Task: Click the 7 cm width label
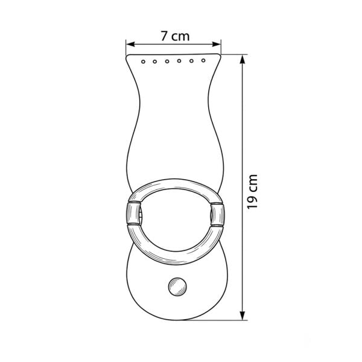(175, 36)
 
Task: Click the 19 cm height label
(252, 192)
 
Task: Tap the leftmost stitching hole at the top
(143, 62)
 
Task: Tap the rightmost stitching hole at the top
(203, 60)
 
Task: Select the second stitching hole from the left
(155, 62)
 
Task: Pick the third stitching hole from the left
(167, 62)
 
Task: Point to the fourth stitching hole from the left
(179, 61)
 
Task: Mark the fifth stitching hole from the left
(191, 61)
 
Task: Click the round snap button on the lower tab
(177, 287)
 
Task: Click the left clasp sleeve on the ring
(133, 213)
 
